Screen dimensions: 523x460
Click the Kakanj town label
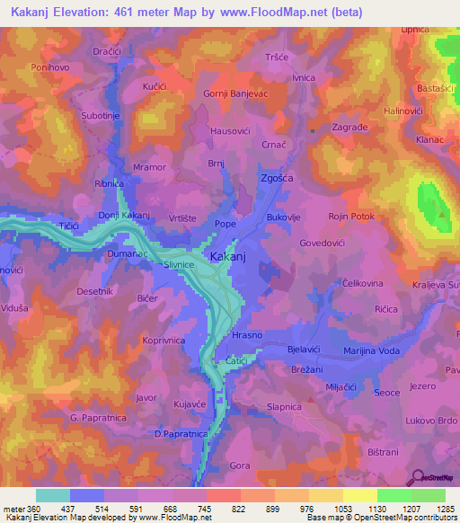pyautogui.click(x=228, y=257)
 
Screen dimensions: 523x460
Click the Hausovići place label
pyautogui.click(x=231, y=131)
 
